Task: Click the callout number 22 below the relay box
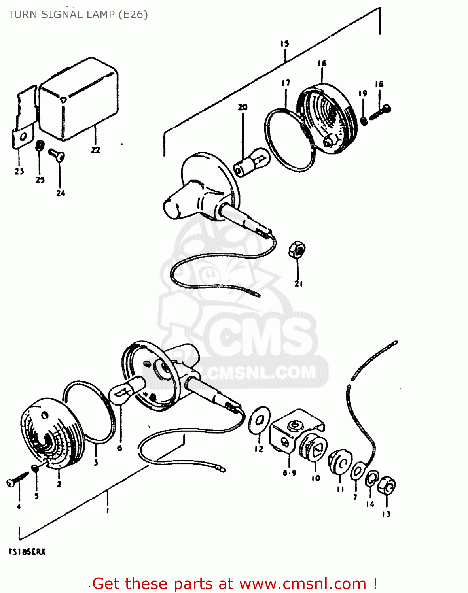pos(95,150)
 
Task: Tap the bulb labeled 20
pos(253,161)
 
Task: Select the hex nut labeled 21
pos(297,249)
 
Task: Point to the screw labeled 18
pos(381,112)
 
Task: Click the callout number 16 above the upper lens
pos(322,64)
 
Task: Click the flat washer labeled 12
pos(260,420)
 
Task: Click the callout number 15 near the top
pos(284,43)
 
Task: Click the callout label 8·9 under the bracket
pos(290,473)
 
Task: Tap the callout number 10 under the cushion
pos(315,478)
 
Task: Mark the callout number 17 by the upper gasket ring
pos(286,83)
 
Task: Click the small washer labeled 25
pos(39,145)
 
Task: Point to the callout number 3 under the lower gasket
pos(96,462)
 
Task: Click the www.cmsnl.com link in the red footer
pos(303,584)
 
